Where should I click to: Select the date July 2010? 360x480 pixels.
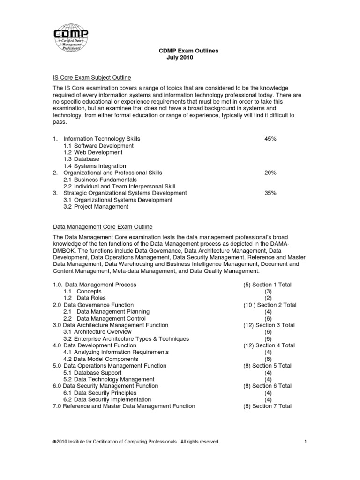[180, 58]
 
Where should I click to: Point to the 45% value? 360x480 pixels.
[270, 139]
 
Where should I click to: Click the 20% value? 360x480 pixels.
[270, 172]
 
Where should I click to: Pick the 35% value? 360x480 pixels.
[270, 193]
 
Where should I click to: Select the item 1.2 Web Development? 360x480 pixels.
[93, 152]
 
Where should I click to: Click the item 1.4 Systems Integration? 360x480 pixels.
[95, 166]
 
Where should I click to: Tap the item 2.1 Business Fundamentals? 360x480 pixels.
[100, 180]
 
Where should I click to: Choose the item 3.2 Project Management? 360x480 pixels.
[96, 206]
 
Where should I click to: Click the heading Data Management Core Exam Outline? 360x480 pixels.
[102, 226]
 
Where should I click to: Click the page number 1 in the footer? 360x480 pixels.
[305, 442]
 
